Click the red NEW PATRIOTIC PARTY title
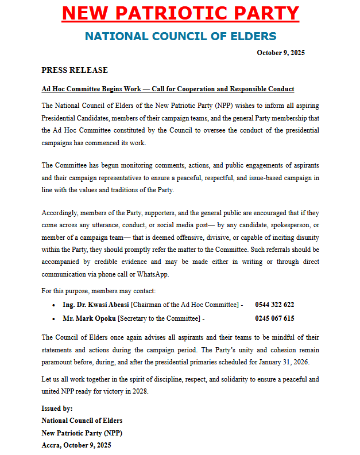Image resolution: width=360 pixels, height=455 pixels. tap(180, 14)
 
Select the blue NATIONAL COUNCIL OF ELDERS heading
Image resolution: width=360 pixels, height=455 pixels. tap(180, 37)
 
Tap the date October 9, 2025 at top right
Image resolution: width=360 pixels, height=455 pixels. tap(280, 53)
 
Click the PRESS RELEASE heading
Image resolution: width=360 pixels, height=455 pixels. tap(75, 70)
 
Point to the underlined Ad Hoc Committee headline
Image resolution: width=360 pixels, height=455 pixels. tap(168, 89)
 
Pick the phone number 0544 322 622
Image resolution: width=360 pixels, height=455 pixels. tap(274, 304)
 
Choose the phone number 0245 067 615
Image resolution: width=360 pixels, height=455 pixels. tap(274, 318)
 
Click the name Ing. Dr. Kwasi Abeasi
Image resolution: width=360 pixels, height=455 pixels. tap(96, 304)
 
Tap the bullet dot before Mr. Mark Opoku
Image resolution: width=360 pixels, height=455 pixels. tap(53, 318)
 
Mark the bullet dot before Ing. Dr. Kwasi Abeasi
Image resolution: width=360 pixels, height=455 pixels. tap(53, 305)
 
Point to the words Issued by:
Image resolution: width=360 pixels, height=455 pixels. tap(57, 409)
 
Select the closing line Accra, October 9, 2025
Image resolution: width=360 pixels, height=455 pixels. tap(76, 445)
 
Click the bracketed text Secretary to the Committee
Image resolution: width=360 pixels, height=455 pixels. tap(160, 318)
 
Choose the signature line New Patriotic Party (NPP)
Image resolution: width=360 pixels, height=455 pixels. tap(82, 433)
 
